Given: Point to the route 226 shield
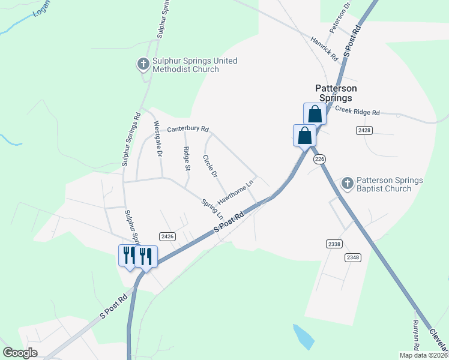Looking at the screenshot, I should (x=319, y=158).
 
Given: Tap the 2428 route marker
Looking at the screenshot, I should (x=364, y=130).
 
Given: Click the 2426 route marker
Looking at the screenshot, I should (x=167, y=236).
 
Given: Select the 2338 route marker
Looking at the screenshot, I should (x=335, y=244).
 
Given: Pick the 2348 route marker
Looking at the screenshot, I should (x=353, y=257).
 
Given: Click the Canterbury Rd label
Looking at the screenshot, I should (x=187, y=129).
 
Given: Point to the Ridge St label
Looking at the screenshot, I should (x=187, y=158).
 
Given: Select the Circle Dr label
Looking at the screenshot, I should (x=209, y=167).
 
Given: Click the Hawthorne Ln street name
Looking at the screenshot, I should (x=236, y=190).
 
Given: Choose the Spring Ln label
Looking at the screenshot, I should (x=212, y=208).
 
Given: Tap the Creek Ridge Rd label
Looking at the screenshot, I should (x=357, y=111).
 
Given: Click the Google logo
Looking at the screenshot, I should (x=20, y=353).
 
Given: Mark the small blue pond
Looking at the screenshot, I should (x=303, y=337).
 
